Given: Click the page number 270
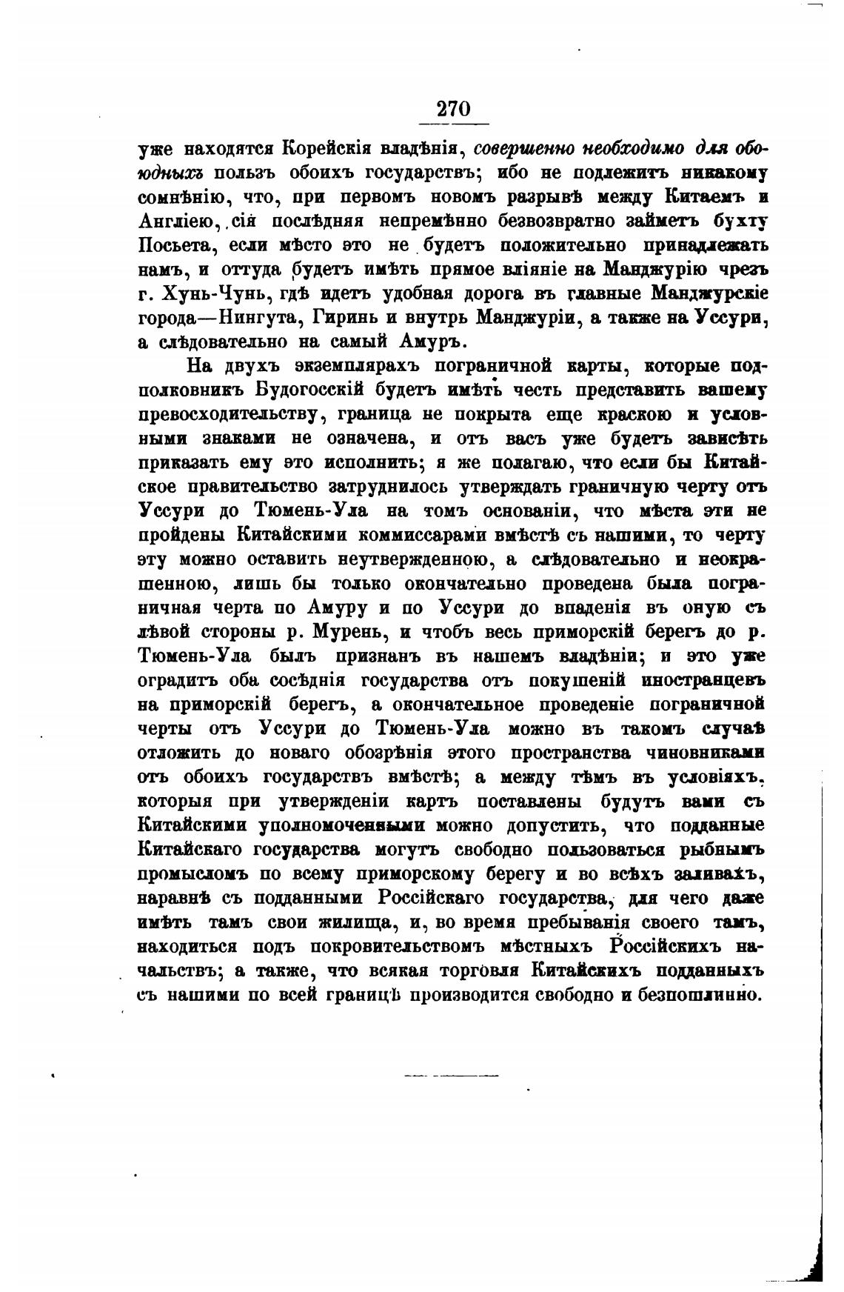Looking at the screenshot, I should click(453, 109).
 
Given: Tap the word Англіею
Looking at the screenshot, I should click(181, 221).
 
